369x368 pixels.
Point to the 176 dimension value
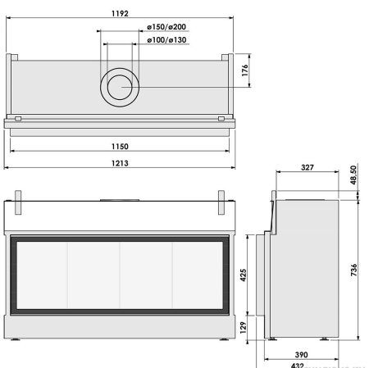[x=245, y=70]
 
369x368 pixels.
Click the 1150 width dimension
[x=120, y=145]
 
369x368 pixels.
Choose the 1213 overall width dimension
[x=120, y=161]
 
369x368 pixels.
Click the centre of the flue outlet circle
[x=120, y=86]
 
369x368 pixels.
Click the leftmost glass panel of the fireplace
[x=41, y=275]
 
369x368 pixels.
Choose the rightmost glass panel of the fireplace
[x=198, y=275]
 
